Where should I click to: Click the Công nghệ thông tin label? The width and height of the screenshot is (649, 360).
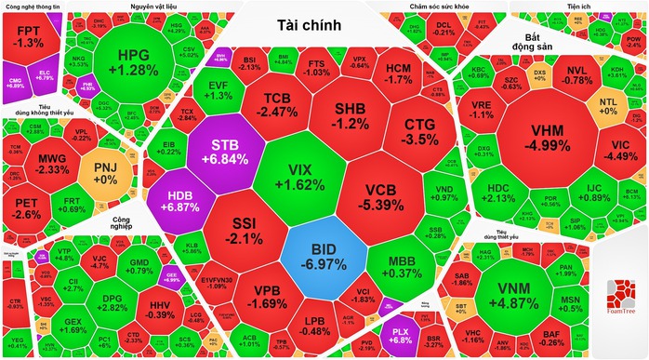[x=32, y=6]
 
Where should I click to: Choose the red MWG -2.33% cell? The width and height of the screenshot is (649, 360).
[x=52, y=164]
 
